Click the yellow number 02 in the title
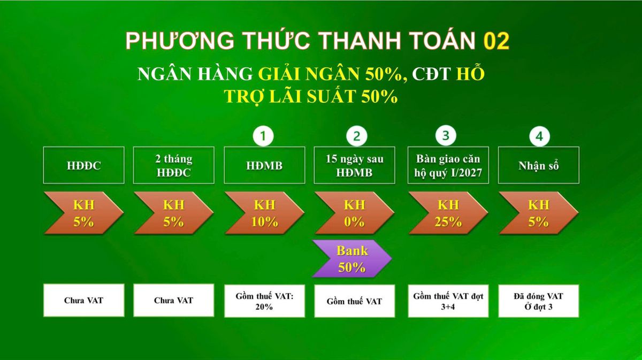496,42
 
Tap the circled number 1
263,136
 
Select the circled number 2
356,136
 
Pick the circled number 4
539,136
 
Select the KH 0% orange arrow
354,213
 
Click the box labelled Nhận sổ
538,165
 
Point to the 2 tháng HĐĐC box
173,165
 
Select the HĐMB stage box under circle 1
264,165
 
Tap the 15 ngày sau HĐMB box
354,165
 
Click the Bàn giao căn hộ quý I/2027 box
448,165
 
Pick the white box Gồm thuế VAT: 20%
264,301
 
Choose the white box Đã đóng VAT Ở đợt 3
538,301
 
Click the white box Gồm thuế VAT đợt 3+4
448,301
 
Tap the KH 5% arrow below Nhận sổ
538,213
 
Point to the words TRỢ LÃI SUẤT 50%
311,96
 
